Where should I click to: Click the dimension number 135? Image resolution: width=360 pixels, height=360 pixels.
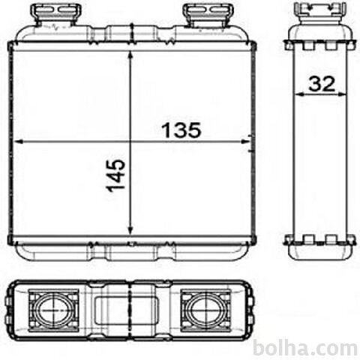(x=181, y=130)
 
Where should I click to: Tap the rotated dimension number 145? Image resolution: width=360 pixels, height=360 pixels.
(x=115, y=175)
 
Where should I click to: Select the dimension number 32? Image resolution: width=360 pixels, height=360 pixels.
(x=322, y=84)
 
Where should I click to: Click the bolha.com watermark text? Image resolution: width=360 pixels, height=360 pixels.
(x=305, y=348)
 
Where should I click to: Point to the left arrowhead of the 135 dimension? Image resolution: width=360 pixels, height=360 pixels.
(x=19, y=142)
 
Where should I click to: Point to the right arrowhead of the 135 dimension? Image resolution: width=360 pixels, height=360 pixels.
(x=245, y=142)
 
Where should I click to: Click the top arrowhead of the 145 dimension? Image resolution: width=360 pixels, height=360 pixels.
(x=130, y=55)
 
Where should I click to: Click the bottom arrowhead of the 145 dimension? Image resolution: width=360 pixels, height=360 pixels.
(x=130, y=230)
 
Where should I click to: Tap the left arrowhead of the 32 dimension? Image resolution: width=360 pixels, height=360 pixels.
(x=298, y=94)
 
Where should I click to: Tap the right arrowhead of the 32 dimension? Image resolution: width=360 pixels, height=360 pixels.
(x=342, y=94)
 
